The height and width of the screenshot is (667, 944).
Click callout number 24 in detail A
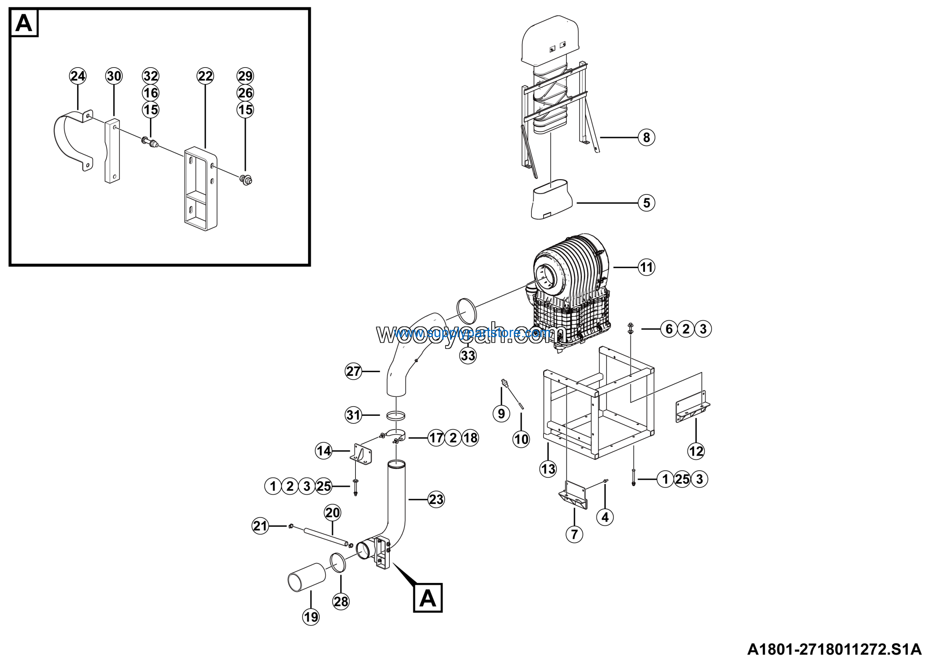coord(78,76)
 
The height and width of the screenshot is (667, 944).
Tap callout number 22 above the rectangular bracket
coord(205,76)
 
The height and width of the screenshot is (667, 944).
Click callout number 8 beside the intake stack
coord(646,137)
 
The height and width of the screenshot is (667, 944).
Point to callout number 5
coord(646,203)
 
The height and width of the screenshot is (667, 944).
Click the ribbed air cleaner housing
coord(572,284)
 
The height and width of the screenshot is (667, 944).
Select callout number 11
coord(646,268)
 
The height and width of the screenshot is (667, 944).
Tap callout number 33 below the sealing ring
coord(468,355)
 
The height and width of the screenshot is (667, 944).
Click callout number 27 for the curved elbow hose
coord(353,371)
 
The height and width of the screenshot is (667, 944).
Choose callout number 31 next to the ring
coord(353,415)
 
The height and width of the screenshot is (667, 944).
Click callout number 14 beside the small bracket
coord(323,451)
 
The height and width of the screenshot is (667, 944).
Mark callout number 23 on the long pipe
coord(436,499)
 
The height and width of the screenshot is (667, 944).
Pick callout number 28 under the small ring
coord(341,602)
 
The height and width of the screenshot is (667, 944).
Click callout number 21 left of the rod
coord(260,526)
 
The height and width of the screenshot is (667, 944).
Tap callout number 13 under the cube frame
coord(548,469)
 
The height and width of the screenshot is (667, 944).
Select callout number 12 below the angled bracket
coord(696,451)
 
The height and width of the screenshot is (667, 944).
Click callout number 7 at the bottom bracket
coord(575,534)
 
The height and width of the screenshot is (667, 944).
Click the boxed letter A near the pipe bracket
coord(428,598)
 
